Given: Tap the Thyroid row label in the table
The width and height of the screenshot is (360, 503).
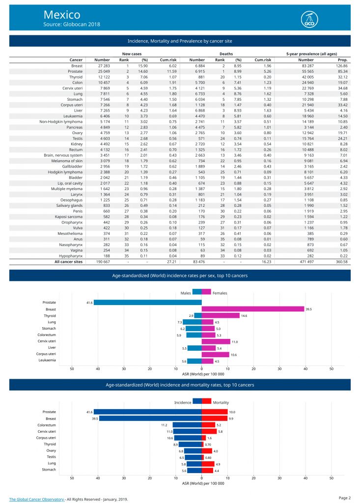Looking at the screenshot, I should tap(75, 77).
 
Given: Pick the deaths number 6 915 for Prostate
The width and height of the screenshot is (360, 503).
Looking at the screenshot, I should tap(197, 71).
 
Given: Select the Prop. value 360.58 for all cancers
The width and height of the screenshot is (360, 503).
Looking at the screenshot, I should tap(341, 262).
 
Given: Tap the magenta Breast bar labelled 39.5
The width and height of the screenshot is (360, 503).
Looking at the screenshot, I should tap(252, 309).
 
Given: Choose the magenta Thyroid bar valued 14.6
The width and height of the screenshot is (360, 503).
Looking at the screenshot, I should tap(221, 315).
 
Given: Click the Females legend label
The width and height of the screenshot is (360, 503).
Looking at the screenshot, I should tap(220, 292).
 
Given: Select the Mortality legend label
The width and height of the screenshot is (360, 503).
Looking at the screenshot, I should tap(221, 402).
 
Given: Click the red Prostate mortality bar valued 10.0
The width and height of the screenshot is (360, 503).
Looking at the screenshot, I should tap(214, 412).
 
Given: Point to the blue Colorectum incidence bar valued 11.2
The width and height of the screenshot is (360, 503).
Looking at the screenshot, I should tap(187, 424).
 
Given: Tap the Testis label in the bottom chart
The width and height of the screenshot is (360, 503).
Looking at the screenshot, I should tap(50, 457).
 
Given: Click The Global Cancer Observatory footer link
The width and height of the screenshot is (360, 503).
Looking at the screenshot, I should tap(37, 499).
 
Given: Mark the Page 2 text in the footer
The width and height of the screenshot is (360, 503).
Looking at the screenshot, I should tap(344, 498).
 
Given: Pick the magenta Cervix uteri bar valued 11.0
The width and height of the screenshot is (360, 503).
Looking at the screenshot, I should tap(216, 341).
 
